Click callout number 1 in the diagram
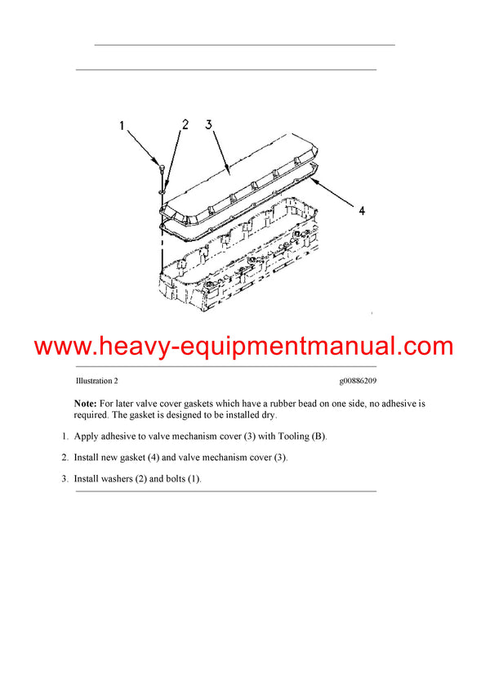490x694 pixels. click(x=122, y=127)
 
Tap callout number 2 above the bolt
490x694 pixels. click(x=185, y=125)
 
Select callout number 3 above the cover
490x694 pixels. click(x=209, y=125)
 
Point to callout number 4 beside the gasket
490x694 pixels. click(x=362, y=211)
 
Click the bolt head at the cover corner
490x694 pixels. click(x=163, y=167)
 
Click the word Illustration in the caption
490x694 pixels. click(x=92, y=381)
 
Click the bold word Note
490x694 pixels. click(x=85, y=404)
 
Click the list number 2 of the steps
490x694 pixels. click(x=65, y=458)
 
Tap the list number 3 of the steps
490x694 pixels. click(x=65, y=478)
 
